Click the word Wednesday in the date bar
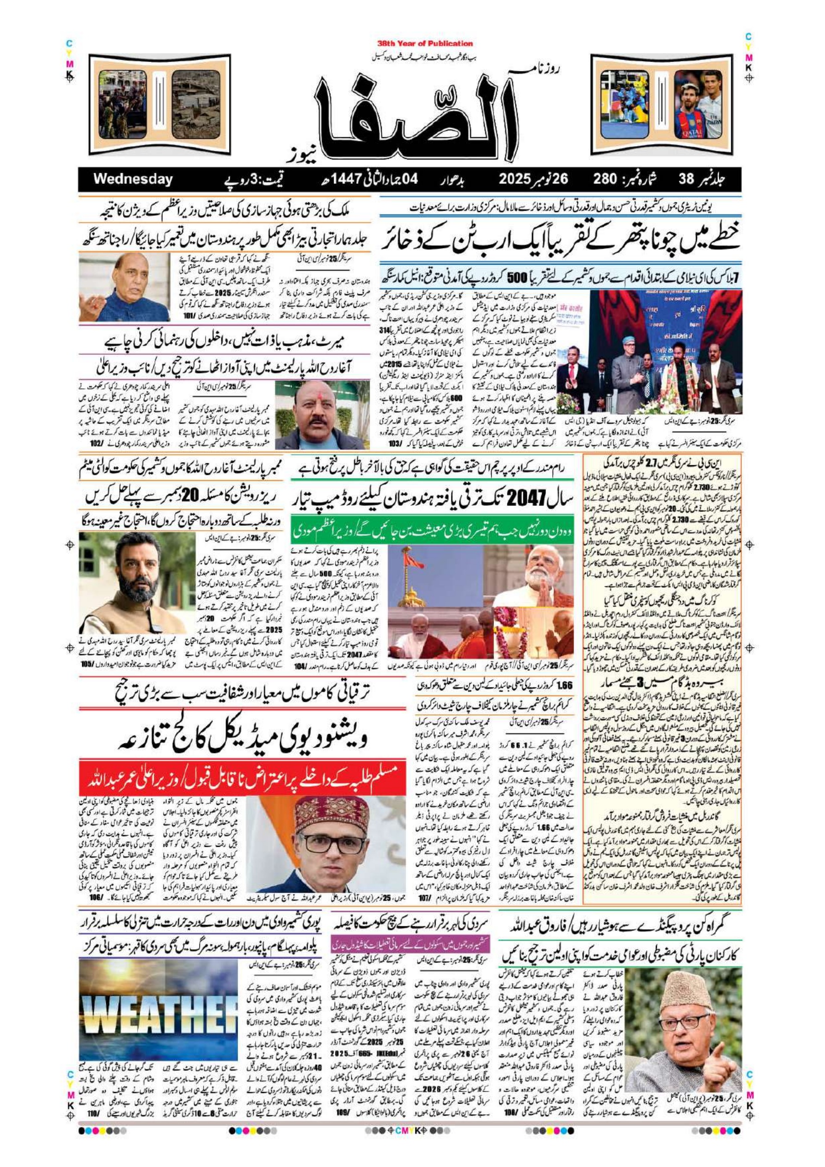click(133, 179)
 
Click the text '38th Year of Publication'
click(425, 44)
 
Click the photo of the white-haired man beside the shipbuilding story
click(124, 288)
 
